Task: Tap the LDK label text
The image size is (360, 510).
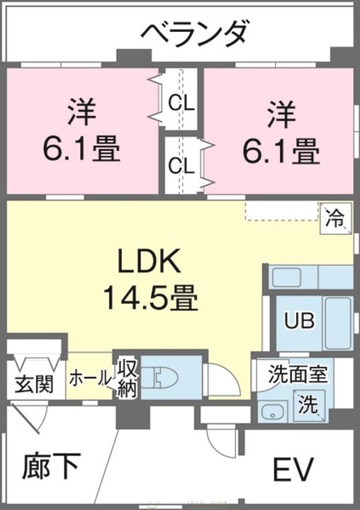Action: point(150,261)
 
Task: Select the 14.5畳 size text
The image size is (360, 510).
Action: point(150,297)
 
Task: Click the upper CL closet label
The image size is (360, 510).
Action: point(181,103)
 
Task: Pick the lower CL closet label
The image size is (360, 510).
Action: point(181,166)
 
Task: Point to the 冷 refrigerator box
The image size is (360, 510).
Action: point(336,218)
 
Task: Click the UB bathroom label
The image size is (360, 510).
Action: point(300,321)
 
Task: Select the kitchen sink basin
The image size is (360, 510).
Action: point(286,278)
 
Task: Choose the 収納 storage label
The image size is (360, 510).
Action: point(127,378)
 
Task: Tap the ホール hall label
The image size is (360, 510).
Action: point(90,378)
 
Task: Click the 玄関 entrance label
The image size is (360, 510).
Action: point(35,384)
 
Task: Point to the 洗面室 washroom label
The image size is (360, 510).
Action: point(298,373)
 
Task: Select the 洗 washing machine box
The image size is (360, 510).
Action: point(308,405)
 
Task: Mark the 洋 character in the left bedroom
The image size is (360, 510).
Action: point(81,112)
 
